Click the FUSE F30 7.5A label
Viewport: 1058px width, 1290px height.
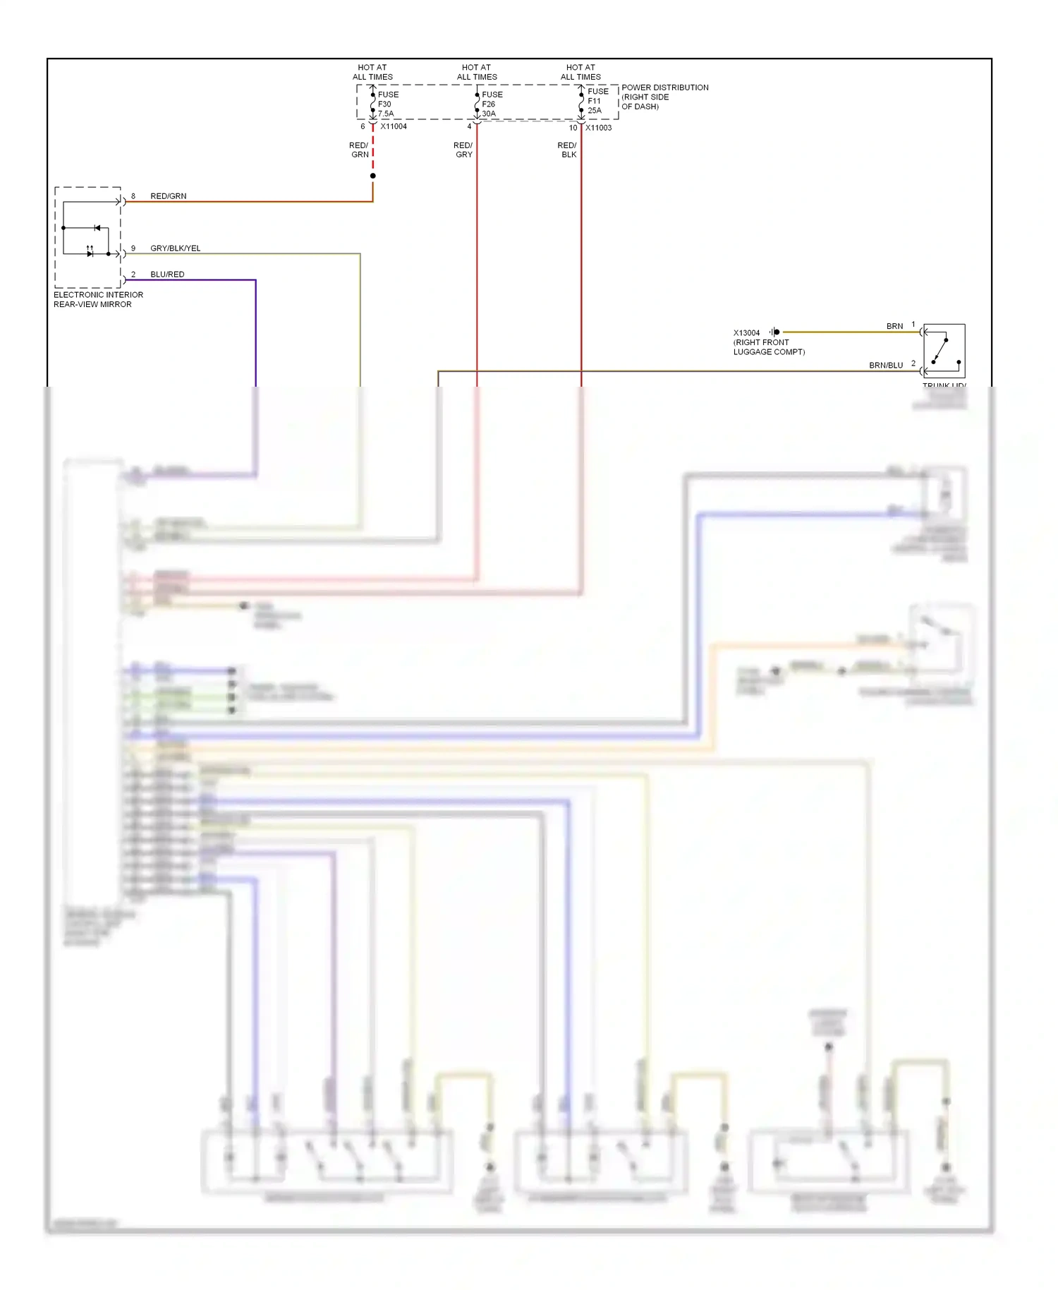coord(387,104)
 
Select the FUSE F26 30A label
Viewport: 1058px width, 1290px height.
coord(492,104)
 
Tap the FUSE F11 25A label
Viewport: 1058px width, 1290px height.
coord(597,101)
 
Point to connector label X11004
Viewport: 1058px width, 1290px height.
coord(394,126)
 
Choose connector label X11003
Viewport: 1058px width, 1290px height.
coord(598,128)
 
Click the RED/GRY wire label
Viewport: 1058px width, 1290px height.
coord(463,150)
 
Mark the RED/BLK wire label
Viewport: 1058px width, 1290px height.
coord(567,150)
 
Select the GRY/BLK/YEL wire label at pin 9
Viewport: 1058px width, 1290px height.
coord(175,248)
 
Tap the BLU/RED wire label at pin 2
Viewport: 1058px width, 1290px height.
coord(167,275)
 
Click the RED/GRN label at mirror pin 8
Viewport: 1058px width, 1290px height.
coord(168,196)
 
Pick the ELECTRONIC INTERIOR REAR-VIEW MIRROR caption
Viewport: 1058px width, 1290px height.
coord(98,300)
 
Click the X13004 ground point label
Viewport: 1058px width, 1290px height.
coord(746,333)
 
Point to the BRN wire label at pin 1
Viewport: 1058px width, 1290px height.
coord(894,326)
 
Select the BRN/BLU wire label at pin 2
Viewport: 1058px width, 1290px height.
coord(885,366)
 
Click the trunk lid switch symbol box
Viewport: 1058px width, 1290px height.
coord(944,351)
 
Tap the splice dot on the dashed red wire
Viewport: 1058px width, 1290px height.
coord(373,176)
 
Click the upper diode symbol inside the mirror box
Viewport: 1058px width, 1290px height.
coord(97,228)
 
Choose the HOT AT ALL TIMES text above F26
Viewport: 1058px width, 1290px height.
coord(477,72)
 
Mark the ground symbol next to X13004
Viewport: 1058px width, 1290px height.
coord(774,332)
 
